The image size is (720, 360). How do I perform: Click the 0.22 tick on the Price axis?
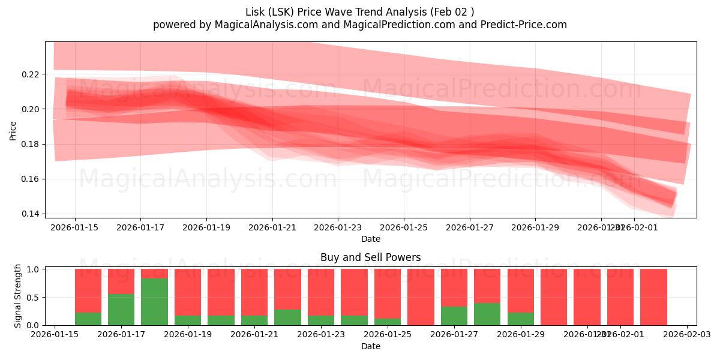pos(31,74)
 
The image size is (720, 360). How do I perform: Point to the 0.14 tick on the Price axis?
pos(31,214)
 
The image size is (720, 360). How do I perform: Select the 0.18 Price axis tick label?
pos(31,144)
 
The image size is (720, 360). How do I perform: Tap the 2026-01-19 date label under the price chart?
pos(206,228)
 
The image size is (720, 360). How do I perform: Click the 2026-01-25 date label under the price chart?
pos(403,228)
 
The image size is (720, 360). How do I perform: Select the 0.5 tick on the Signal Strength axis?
pos(34,298)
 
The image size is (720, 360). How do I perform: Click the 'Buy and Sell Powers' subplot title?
pos(370,257)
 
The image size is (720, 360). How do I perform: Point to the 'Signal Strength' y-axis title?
pos(18,296)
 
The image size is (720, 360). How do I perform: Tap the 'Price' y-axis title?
pos(13,130)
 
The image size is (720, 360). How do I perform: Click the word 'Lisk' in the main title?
pos(257,12)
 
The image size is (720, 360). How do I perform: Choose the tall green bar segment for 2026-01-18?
pos(154,302)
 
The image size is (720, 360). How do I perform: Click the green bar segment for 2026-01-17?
pos(121,310)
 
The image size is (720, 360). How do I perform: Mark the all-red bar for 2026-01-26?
pos(421,297)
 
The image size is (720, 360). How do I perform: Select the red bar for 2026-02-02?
pos(653,297)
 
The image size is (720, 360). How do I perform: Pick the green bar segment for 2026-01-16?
pos(88,319)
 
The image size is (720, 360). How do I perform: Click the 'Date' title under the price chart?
pos(370,239)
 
